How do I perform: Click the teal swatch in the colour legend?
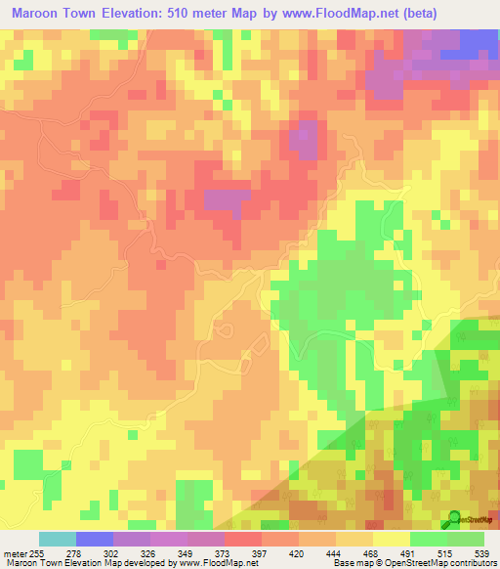[58, 539]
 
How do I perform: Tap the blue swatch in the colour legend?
[95, 539]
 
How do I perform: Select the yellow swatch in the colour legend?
[391, 539]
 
